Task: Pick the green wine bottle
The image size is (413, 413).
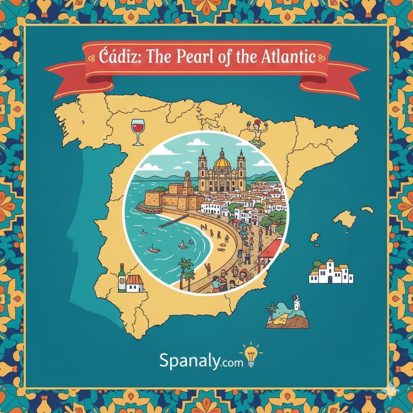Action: coord(121,278)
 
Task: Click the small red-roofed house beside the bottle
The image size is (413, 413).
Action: coord(135,283)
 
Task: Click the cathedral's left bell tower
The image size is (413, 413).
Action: coord(202,165)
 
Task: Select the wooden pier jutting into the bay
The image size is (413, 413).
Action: coord(173,221)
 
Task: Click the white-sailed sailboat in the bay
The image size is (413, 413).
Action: coord(183,245)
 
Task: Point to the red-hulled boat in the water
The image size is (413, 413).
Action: coord(154,250)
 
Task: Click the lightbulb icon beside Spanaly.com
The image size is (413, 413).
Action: coord(251,355)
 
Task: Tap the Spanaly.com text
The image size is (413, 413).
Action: coord(201,360)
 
